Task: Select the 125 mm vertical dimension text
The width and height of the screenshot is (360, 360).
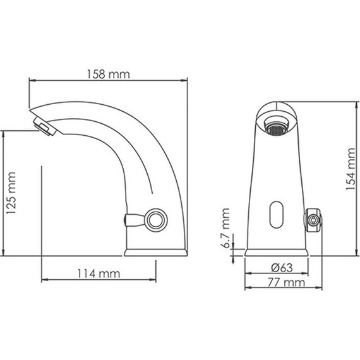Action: (x=11, y=193)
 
